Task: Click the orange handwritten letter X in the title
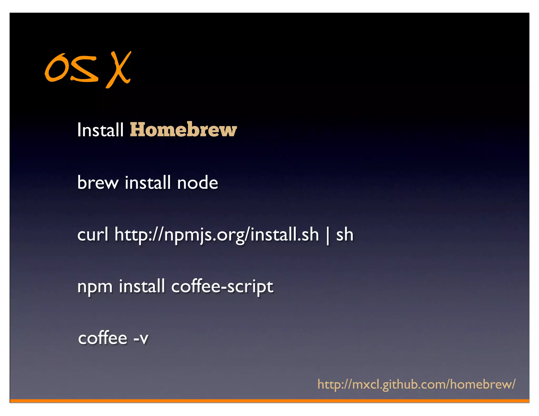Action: pyautogui.click(x=119, y=70)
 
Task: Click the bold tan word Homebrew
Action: pyautogui.click(x=183, y=130)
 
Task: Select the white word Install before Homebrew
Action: pyautogui.click(x=100, y=130)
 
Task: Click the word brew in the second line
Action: pyautogui.click(x=98, y=182)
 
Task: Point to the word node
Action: pyautogui.click(x=197, y=182)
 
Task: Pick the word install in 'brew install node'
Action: pyautogui.click(x=148, y=182)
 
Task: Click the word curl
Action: pyautogui.click(x=93, y=234)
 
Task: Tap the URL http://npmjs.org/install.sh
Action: pyautogui.click(x=216, y=235)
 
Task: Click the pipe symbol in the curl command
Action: pyautogui.click(x=327, y=235)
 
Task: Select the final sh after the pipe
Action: pyautogui.click(x=345, y=234)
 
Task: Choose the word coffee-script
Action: pyautogui.click(x=222, y=287)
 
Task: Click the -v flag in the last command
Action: pyautogui.click(x=141, y=338)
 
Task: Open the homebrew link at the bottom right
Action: pyautogui.click(x=416, y=384)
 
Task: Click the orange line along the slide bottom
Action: pyautogui.click(x=269, y=401)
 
